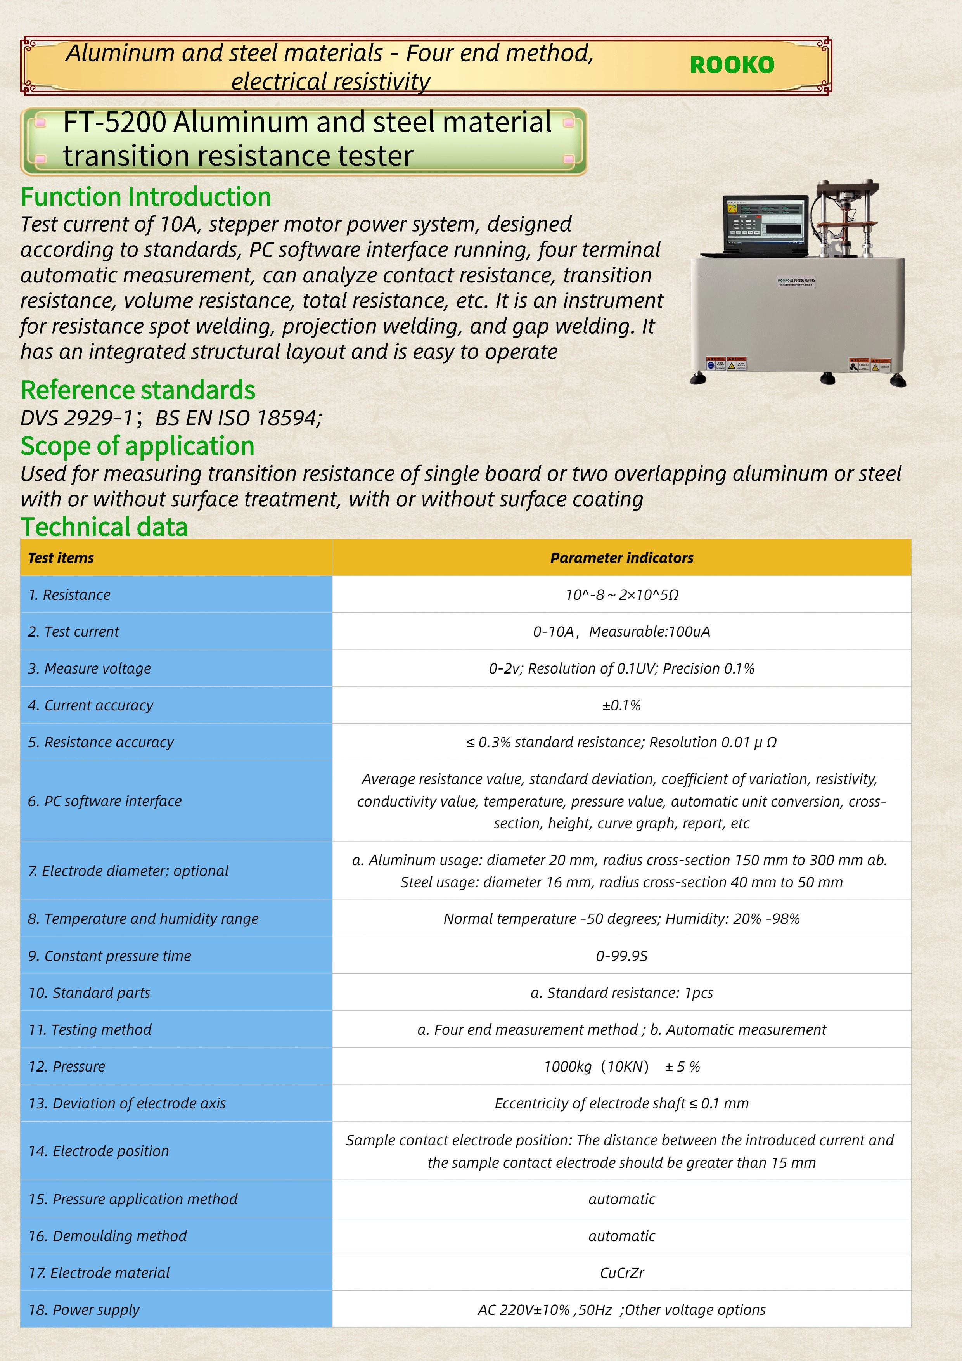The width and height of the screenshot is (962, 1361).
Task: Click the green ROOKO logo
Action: (x=732, y=65)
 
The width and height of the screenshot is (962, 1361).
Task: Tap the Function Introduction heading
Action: (x=146, y=197)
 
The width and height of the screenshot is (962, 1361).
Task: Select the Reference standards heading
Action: (x=138, y=390)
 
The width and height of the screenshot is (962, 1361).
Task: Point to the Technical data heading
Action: (x=104, y=527)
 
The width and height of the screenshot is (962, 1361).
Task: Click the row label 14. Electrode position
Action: (x=99, y=1151)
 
